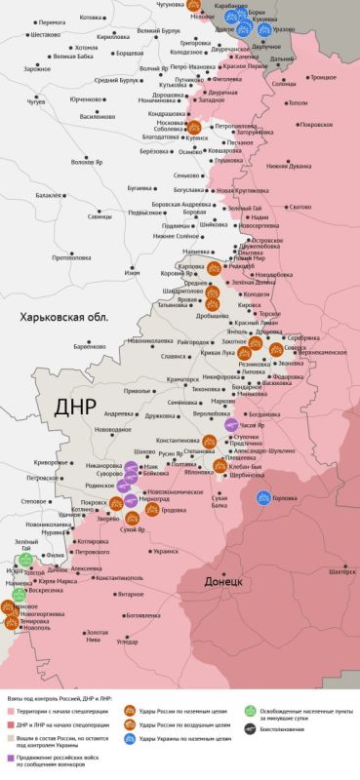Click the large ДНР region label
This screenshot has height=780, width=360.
coord(78,406)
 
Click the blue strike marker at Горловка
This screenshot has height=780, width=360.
coord(262,498)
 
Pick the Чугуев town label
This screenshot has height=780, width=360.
coord(35,101)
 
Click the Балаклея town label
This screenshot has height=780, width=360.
coord(49,196)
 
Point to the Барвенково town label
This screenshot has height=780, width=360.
coord(88,346)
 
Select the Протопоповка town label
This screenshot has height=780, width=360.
coord(71,257)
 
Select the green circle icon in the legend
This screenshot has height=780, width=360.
coord(251,712)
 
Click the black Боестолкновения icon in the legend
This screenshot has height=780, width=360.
coord(251,730)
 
